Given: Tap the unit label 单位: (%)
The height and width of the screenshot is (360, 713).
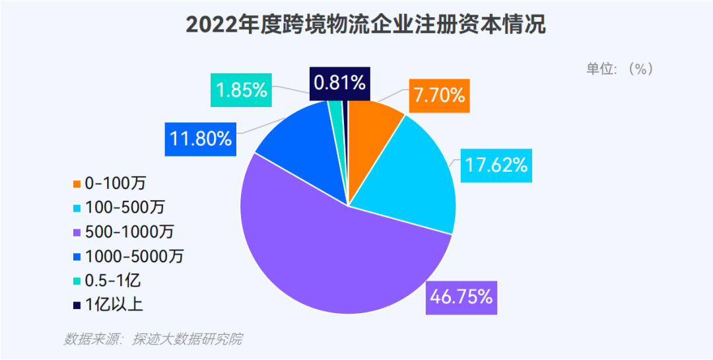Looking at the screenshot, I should [619, 69].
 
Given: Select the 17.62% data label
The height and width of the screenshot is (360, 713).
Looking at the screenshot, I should [496, 164].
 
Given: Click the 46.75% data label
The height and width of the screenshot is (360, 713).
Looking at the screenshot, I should [461, 297].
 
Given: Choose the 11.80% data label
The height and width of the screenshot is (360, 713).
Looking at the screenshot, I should [200, 139].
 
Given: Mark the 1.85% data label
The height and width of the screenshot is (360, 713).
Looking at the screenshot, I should [242, 90].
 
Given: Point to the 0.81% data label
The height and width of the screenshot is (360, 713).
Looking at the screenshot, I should [339, 83].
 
